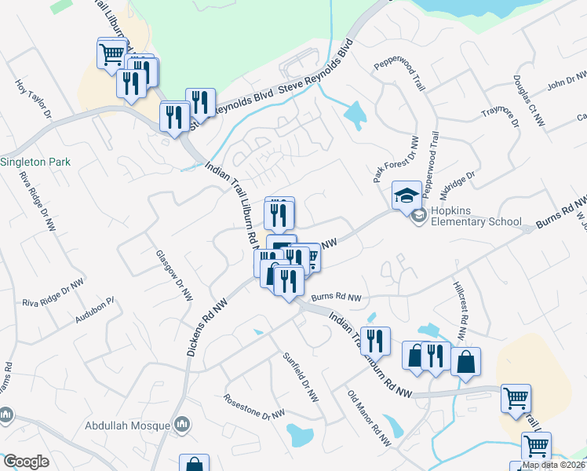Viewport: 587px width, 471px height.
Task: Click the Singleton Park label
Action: (36, 162)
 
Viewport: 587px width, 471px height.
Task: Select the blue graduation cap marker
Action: (407, 195)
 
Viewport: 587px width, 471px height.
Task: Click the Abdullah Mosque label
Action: (128, 428)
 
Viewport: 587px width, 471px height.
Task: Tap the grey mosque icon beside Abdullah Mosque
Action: (183, 425)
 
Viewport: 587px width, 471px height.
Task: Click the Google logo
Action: (26, 462)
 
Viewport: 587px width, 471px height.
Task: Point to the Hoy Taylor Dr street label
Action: (33, 98)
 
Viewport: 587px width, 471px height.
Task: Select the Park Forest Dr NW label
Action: (396, 159)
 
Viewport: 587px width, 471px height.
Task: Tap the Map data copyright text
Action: (554, 465)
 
